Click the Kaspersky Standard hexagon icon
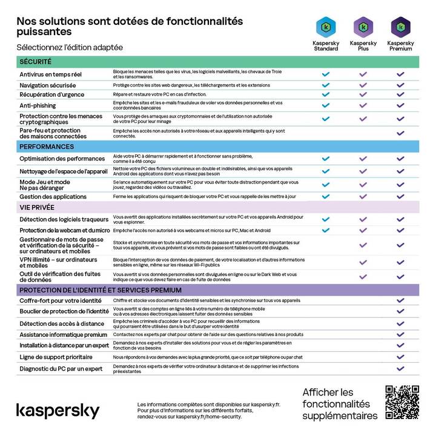tap(326, 27)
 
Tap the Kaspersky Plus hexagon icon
tap(363, 27)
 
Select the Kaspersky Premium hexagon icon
tap(400, 27)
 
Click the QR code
tap(402, 402)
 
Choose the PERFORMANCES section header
tap(47, 147)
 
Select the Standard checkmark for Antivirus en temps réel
tap(326, 74)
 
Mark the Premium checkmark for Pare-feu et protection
tap(400, 133)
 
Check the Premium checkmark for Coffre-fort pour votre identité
tap(400, 300)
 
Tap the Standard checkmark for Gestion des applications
tap(326, 196)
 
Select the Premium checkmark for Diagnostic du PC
tap(400, 368)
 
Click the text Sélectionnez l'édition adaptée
tap(69, 47)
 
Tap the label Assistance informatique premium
tap(63, 334)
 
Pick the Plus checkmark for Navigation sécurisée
tap(363, 85)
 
